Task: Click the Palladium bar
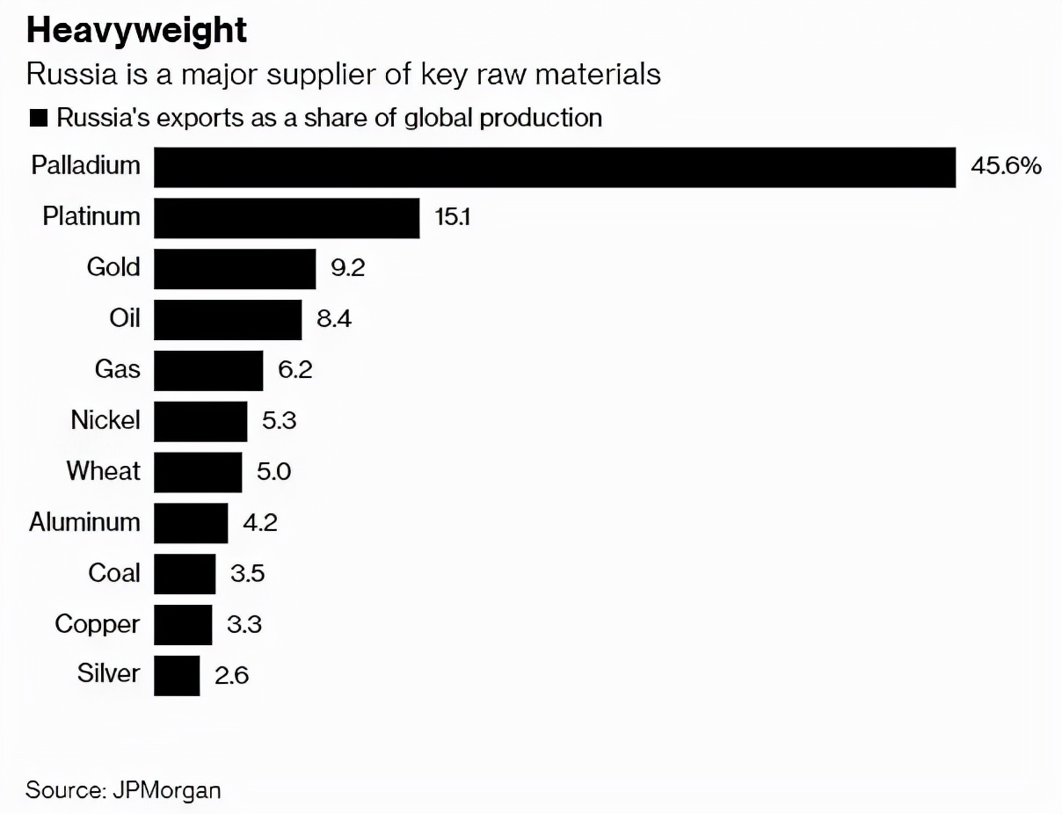point(554,167)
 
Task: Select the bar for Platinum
point(287,218)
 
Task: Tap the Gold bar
point(235,269)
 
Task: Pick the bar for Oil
point(228,319)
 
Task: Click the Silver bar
point(177,675)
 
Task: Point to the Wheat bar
point(198,472)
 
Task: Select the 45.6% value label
point(1006,166)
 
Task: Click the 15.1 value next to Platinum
point(452,217)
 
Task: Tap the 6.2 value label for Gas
point(295,370)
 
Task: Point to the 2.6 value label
point(231,676)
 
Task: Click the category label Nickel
point(105,420)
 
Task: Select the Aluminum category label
point(84,522)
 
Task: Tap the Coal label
point(114,573)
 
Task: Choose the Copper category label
point(97,624)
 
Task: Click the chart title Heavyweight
point(136,31)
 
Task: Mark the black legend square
point(39,118)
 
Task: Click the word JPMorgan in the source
point(167,789)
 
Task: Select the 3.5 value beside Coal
point(247,574)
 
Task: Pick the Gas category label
point(118,368)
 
